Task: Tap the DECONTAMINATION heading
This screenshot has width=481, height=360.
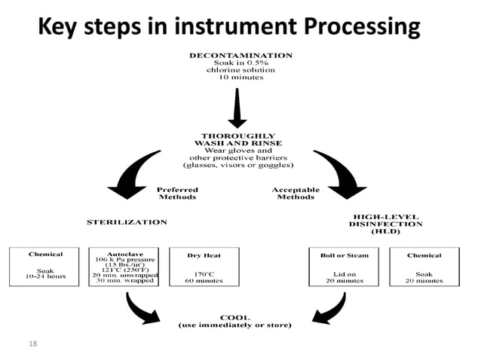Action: coord(240,55)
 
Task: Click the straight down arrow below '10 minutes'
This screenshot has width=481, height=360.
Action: coord(237,109)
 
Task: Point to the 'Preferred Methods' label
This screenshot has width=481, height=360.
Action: coord(177,194)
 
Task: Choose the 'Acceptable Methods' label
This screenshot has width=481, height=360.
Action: coord(296,194)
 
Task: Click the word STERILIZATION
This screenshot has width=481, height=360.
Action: coord(127,222)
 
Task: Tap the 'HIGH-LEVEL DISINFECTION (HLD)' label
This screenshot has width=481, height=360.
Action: coord(387,224)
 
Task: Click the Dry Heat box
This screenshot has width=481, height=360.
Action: coord(202,267)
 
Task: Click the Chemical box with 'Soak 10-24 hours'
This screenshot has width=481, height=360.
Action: coord(45,267)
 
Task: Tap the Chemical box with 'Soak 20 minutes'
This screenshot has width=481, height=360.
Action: coord(424,267)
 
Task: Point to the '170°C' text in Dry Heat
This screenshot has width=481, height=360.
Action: coord(202,273)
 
